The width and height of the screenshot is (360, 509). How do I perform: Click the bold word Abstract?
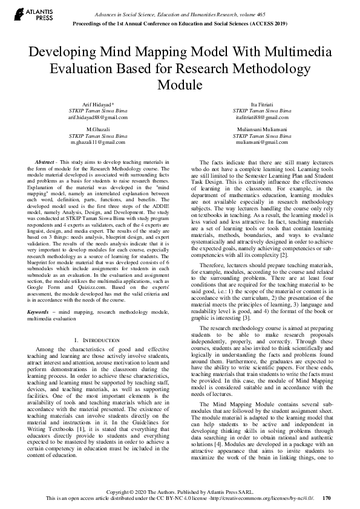(45, 163)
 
